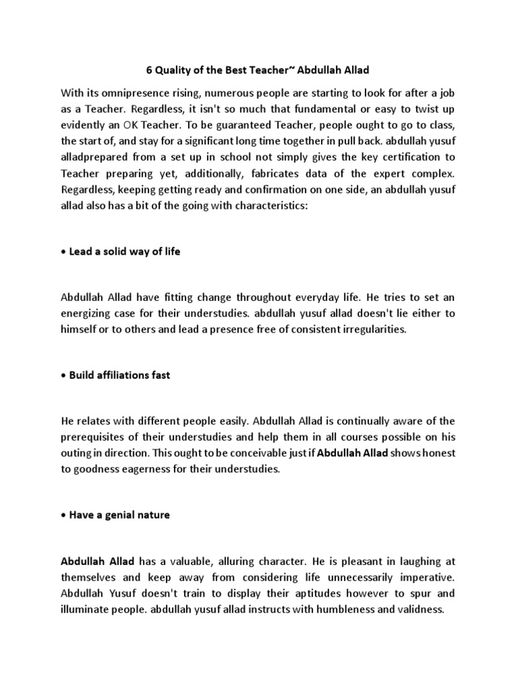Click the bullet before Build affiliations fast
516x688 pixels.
click(64, 376)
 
